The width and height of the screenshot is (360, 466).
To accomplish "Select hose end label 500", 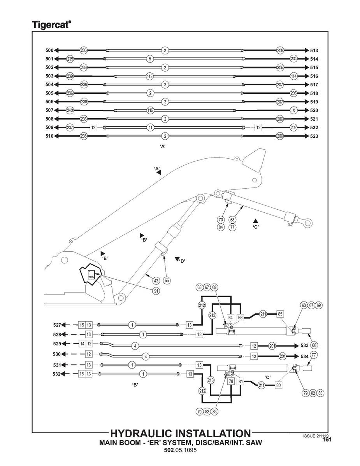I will [x=49, y=51].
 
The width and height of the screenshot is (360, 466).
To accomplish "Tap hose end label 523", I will [x=314, y=136].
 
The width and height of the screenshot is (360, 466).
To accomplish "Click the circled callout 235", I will [x=70, y=59].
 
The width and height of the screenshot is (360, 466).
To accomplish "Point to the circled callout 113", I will [x=149, y=76].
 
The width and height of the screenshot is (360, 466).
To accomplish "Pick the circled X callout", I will [x=294, y=110].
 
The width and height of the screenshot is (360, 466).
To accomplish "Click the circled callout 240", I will [x=70, y=110].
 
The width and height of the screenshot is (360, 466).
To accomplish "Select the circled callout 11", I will [x=150, y=127].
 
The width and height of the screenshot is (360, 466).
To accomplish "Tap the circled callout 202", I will [x=294, y=127].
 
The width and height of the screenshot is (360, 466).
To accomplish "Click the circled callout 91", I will [x=155, y=290].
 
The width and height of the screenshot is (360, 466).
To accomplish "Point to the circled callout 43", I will [x=156, y=280].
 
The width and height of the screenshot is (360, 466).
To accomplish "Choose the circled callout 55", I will [x=167, y=280].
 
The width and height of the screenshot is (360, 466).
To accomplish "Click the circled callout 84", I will [x=221, y=227].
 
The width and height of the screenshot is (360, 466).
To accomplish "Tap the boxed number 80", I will [x=279, y=385].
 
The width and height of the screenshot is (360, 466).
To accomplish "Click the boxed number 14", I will [x=82, y=343].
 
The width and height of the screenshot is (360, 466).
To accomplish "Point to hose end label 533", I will [x=305, y=345].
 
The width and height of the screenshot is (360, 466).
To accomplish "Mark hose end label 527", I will [x=57, y=324].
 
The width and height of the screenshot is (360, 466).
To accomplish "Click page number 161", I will [x=327, y=440].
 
